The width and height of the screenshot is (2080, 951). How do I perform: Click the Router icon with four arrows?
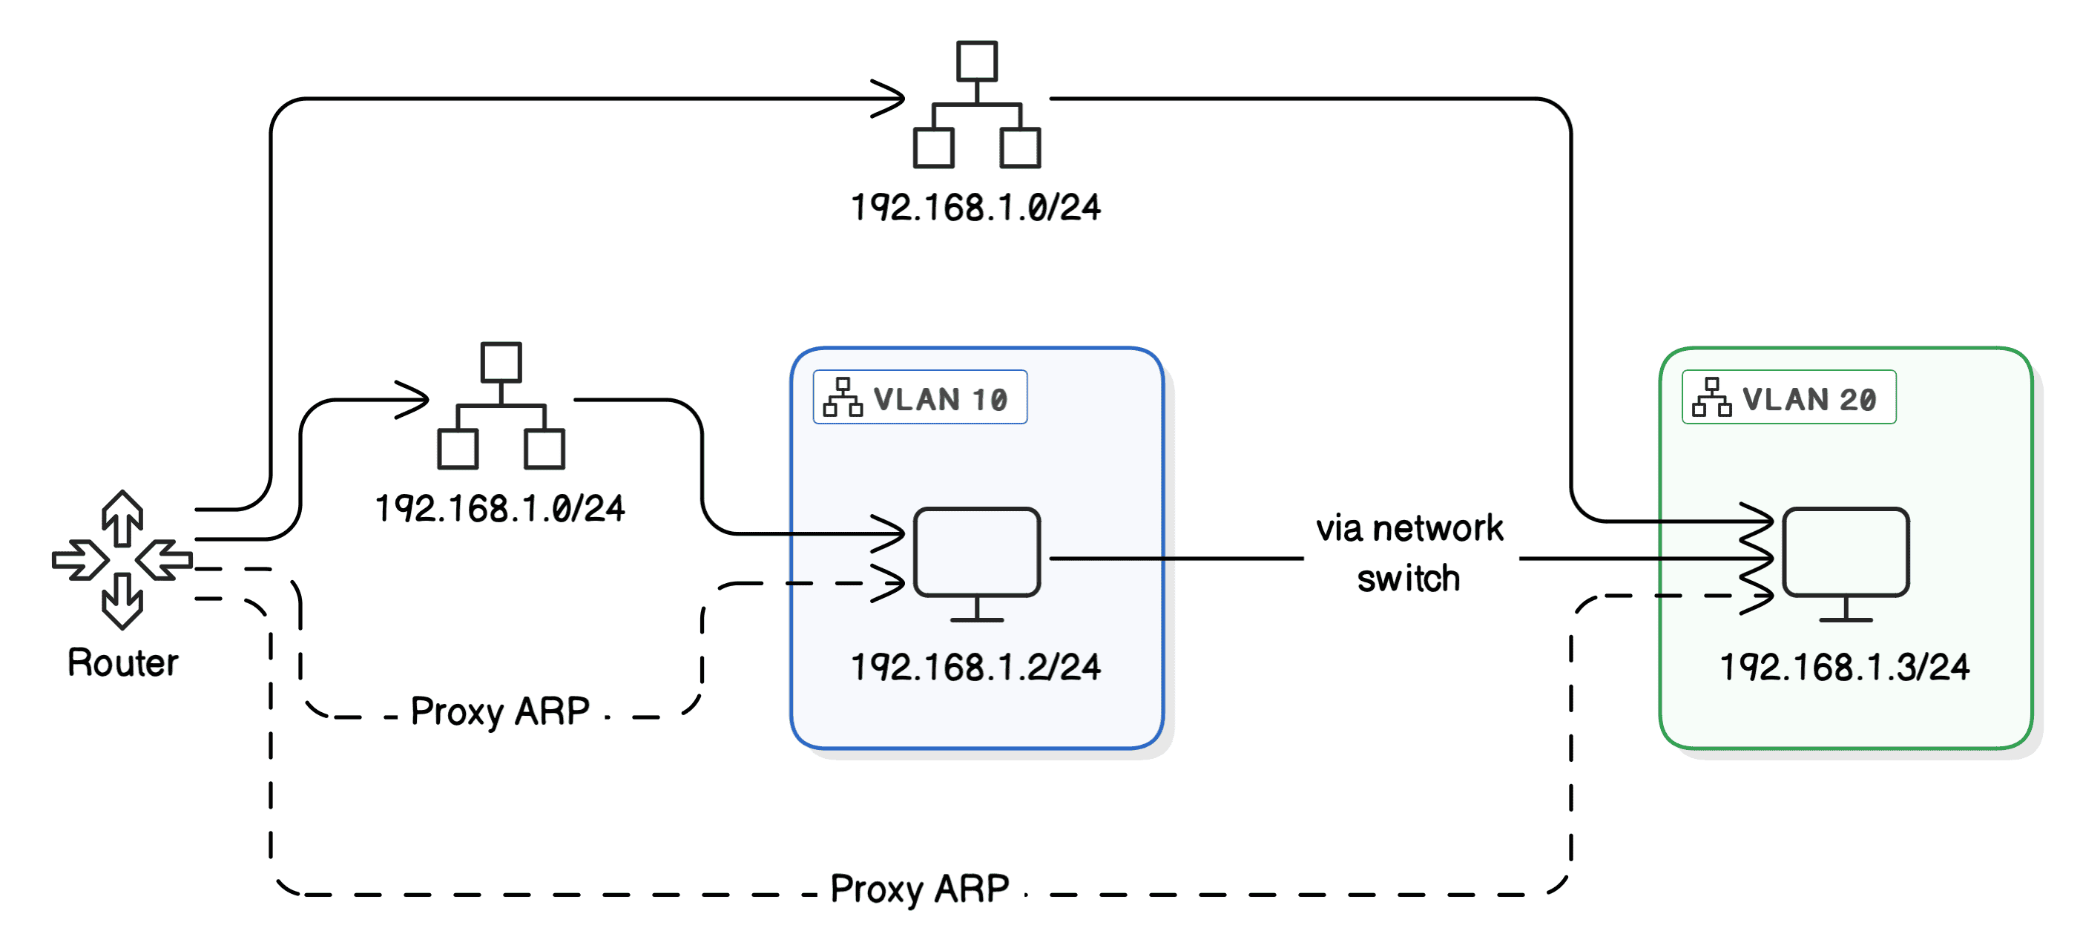(122, 559)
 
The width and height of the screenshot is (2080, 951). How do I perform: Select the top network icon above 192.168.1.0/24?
(976, 105)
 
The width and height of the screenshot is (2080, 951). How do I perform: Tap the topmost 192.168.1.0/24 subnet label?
(975, 208)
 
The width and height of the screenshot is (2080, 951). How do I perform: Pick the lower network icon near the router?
(501, 405)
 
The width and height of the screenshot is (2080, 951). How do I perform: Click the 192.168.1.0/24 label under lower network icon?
(500, 509)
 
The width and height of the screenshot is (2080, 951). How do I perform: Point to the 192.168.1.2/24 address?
(975, 667)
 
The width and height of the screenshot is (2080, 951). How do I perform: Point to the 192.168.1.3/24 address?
(1844, 667)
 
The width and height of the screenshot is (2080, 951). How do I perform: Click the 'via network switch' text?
(1409, 553)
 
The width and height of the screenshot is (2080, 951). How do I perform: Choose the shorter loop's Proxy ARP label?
(500, 711)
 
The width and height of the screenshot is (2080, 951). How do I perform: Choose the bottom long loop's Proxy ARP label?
(920, 889)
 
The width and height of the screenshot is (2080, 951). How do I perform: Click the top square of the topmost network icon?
(976, 62)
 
